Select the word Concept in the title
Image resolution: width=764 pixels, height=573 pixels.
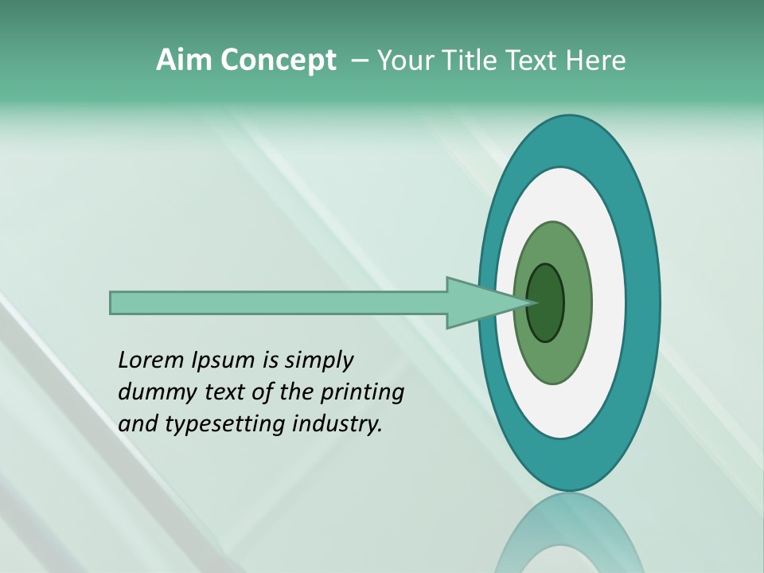tap(279, 61)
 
